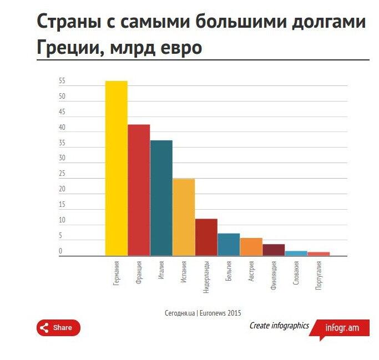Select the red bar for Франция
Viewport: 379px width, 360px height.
139,190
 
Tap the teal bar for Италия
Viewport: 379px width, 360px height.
161,198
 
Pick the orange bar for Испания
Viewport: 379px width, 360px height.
184,217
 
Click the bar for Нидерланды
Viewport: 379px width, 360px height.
206,237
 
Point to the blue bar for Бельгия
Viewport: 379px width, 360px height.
229,245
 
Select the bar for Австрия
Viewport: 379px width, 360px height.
251,247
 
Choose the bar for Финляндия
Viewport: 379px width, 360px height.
274,250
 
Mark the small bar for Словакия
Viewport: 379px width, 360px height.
296,253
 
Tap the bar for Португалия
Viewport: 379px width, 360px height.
319,254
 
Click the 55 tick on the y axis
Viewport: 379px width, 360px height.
62,81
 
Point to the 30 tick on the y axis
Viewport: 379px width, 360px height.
62,158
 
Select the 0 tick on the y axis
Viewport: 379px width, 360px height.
60,251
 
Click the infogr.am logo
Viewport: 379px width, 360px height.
342,328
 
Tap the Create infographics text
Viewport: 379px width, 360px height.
279,326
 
